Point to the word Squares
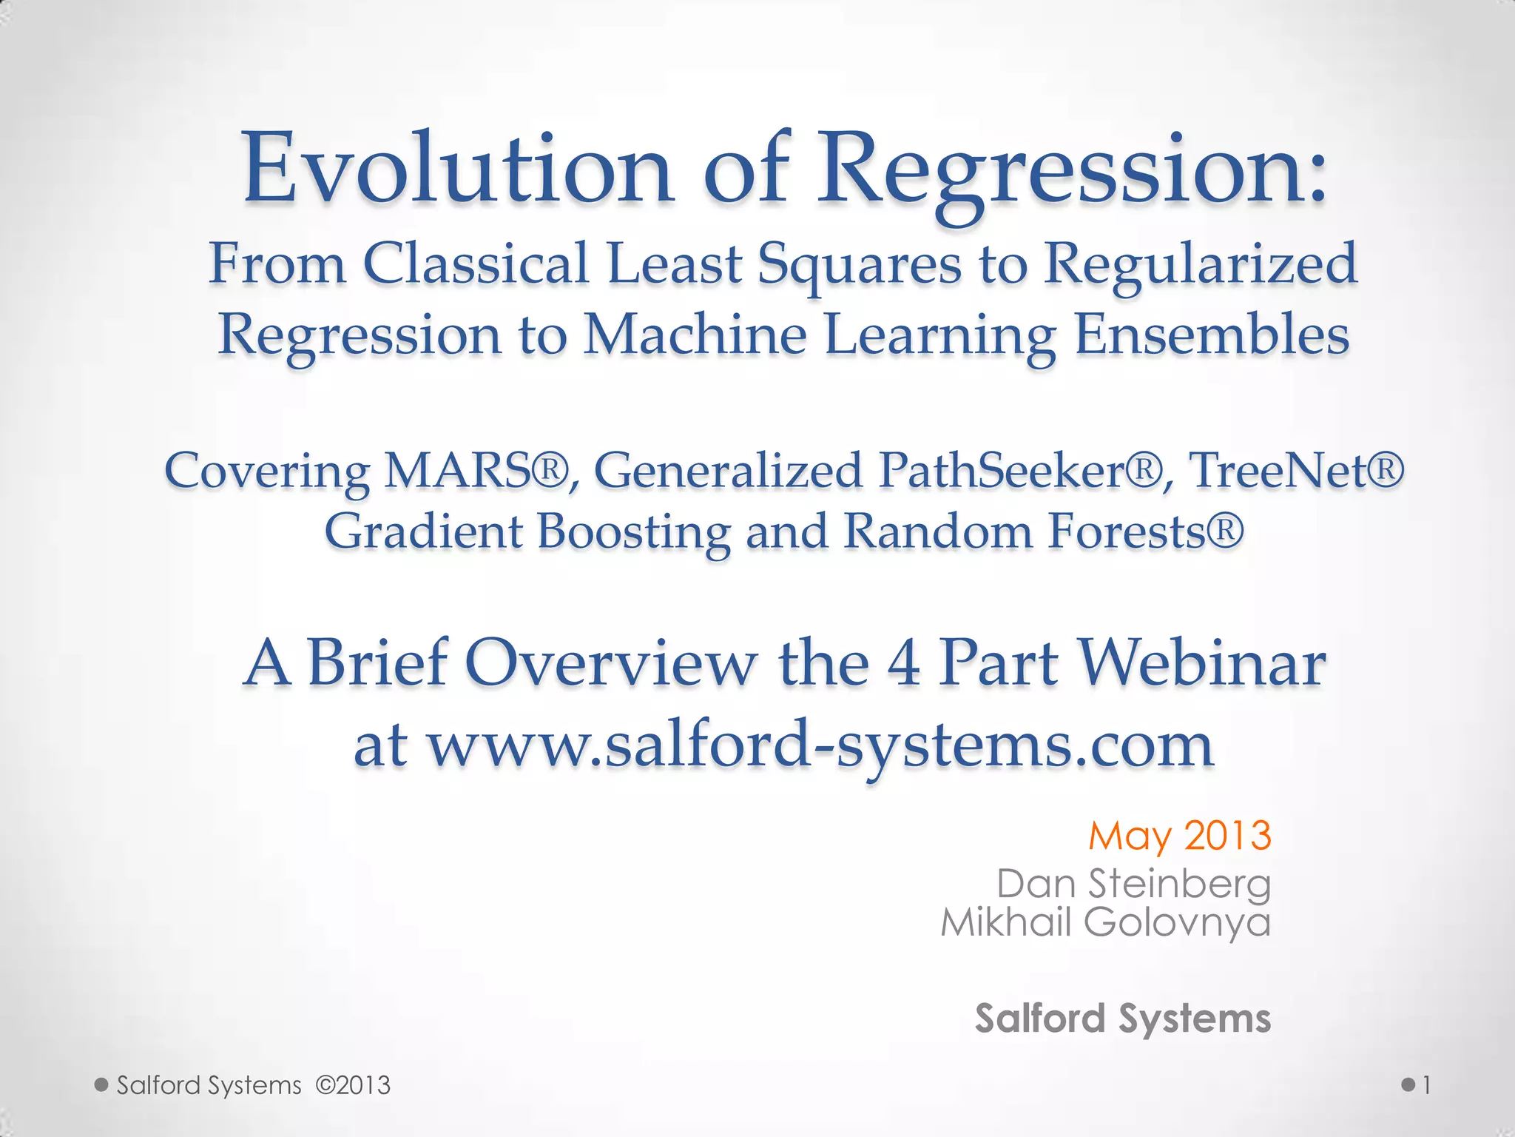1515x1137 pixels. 858,265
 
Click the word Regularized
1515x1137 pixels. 1200,265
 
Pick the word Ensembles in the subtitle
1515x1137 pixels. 1211,335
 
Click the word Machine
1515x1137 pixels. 695,335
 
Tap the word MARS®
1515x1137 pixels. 477,471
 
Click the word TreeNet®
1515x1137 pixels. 1295,471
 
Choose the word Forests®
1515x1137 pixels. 1145,532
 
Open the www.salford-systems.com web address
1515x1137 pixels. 821,746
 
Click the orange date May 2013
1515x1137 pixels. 1179,836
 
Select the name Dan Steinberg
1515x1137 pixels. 1133,884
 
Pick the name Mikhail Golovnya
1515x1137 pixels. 1105,922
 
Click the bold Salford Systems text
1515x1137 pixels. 1122,1019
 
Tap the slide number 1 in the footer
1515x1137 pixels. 1426,1086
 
